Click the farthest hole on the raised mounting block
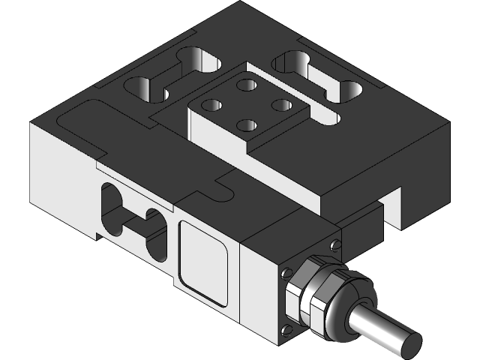(245, 85)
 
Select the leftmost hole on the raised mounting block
(212, 105)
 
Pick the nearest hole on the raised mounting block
(247, 125)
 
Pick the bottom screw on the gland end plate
(285, 329)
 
